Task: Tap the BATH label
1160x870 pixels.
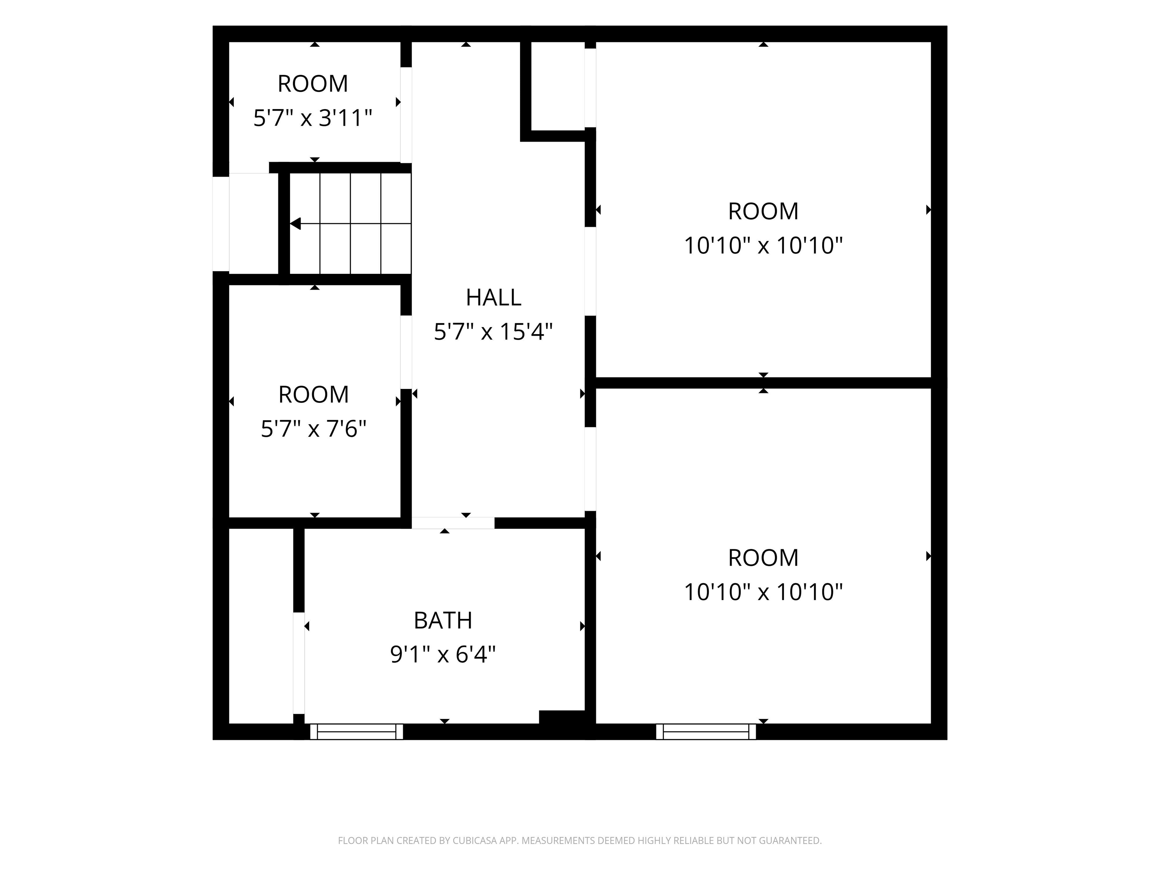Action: [443, 621]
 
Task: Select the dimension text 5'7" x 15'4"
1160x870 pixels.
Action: [494, 332]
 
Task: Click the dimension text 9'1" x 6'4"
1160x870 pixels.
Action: [443, 654]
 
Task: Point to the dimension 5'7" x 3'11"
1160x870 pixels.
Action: [313, 118]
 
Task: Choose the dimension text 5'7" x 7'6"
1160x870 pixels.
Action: [313, 429]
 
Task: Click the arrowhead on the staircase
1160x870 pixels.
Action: [295, 224]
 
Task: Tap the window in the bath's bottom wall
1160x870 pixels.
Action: [356, 731]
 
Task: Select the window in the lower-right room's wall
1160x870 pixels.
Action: [706, 731]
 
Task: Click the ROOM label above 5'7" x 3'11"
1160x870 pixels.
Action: [313, 84]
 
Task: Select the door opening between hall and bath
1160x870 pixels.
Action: [453, 523]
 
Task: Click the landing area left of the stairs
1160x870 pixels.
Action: [254, 224]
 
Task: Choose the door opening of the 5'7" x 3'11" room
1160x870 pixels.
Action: [406, 115]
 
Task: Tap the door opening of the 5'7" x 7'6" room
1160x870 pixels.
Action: [406, 352]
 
